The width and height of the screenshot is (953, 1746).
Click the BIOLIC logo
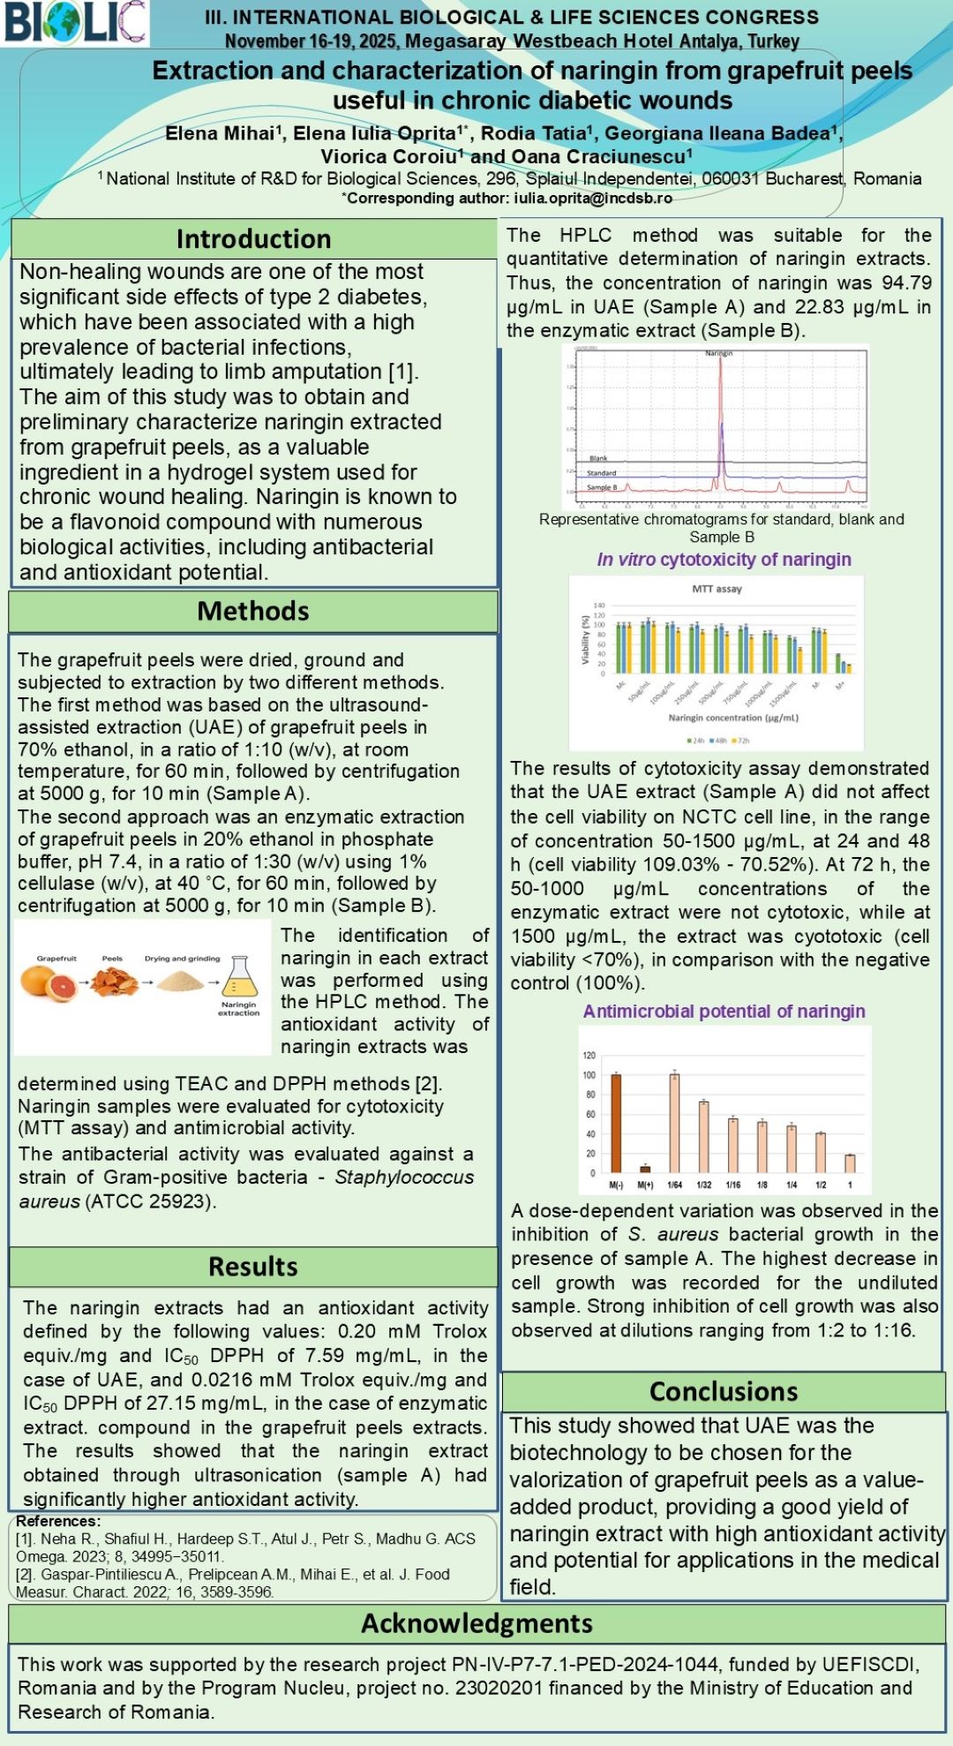74,23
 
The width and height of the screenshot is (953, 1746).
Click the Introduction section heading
253,239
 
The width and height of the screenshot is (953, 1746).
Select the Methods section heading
253,611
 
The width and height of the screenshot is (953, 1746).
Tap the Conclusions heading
724,1391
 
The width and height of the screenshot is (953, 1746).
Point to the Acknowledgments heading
476,1623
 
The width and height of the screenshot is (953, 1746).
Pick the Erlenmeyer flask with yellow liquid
239,979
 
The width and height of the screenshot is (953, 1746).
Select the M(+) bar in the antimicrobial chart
645,1168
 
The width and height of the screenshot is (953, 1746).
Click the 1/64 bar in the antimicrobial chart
674,1123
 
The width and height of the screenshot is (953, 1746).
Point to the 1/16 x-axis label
733,1185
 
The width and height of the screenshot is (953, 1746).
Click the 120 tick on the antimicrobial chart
589,1056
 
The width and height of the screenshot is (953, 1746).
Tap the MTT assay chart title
717,589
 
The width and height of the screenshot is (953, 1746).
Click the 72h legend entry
741,741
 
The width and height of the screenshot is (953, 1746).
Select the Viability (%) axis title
585,640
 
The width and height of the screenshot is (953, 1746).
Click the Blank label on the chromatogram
598,458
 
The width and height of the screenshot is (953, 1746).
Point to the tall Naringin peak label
718,353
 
